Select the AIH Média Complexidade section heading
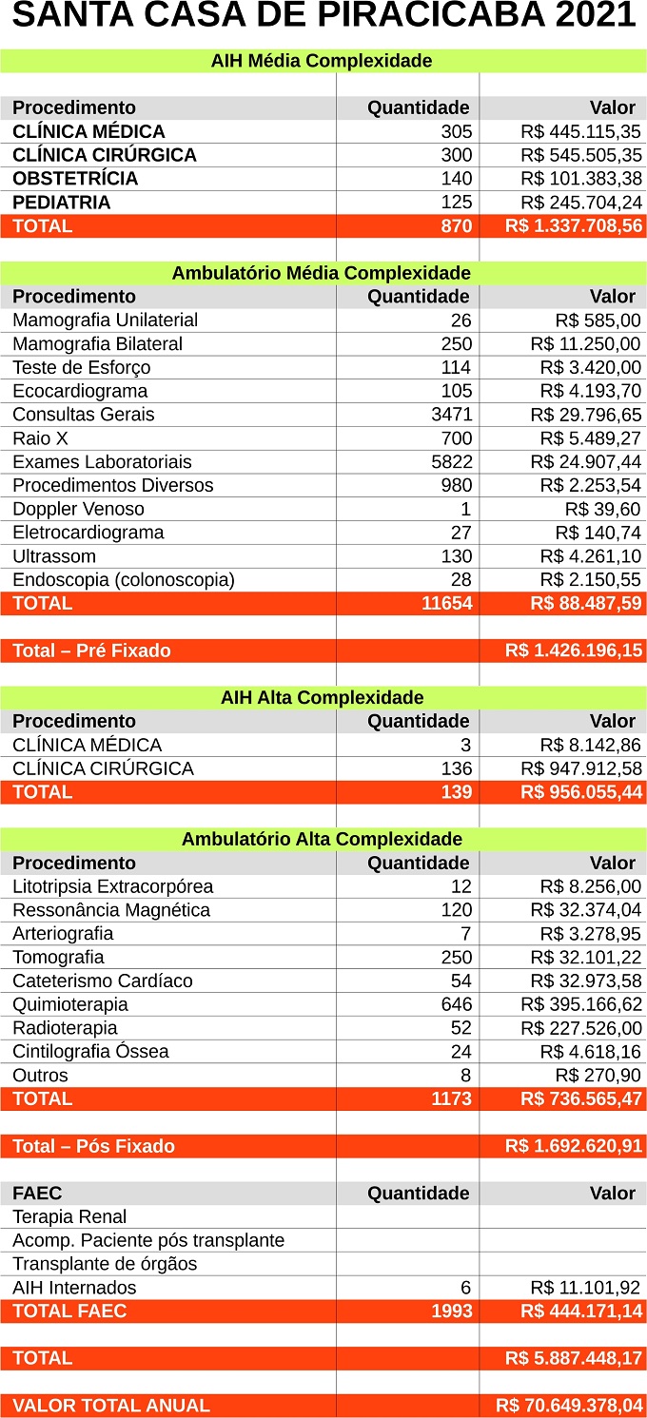coord(322,61)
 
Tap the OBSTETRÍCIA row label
coord(75,179)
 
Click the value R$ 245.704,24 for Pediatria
coord(580,203)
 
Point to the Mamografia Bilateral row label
coord(97,344)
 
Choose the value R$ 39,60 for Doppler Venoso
coord(602,509)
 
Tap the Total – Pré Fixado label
coord(91,651)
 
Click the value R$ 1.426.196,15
coord(574,651)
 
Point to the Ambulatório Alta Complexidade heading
coord(322,839)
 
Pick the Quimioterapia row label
coord(70,1004)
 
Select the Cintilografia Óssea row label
coord(90,1052)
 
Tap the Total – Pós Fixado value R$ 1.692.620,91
coord(574,1146)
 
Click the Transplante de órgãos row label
coord(105,1264)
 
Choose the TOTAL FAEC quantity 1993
coord(451,1311)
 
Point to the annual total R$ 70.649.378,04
coord(569,1406)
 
